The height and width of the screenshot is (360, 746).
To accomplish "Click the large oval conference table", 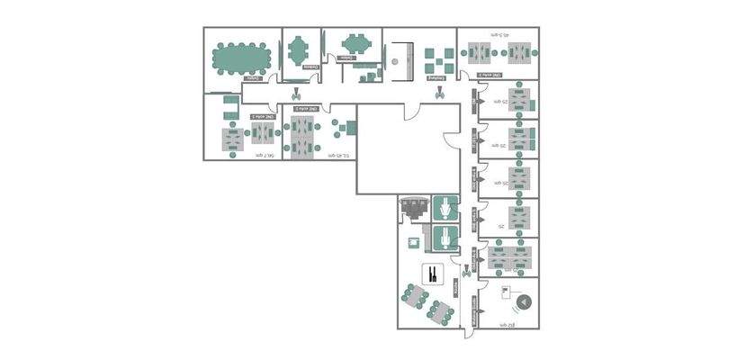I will point(240,59).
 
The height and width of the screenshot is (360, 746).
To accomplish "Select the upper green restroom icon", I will point(445,208).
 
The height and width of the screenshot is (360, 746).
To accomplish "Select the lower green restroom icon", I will point(445,238).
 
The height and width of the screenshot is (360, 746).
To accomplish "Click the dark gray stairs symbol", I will point(414,211).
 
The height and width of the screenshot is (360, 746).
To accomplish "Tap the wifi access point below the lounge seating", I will point(439,92).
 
